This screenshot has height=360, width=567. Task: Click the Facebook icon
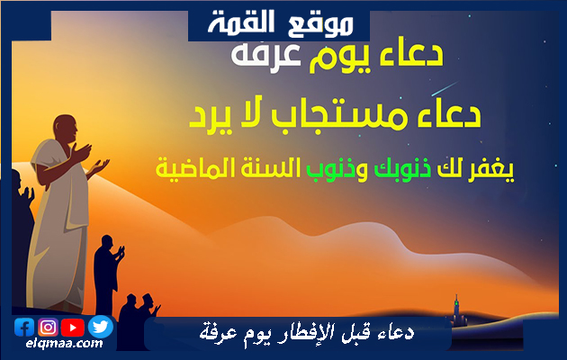[x=24, y=328]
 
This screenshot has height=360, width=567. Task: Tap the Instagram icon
[x=48, y=328]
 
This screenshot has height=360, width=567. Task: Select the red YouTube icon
[x=73, y=328]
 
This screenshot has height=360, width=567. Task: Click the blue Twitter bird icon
[x=101, y=327]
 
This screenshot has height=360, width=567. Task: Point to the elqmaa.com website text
[x=65, y=344]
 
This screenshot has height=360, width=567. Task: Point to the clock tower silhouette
[x=456, y=310]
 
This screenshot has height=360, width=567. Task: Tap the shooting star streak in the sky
[x=445, y=89]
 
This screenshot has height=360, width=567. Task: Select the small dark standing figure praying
[x=108, y=274]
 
